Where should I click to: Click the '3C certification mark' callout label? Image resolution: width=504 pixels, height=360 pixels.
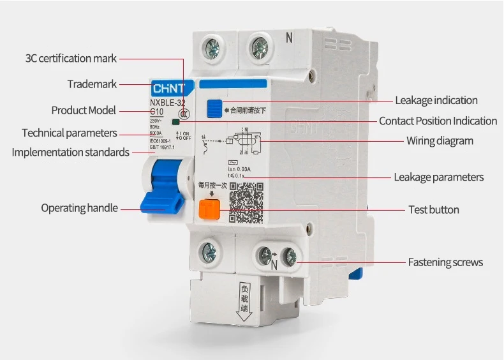point(71,58)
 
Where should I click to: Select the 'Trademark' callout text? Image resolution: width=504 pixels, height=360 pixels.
point(92,84)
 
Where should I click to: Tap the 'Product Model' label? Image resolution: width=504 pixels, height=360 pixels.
point(84,110)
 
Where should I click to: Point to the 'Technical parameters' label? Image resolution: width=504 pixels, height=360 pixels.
point(70,133)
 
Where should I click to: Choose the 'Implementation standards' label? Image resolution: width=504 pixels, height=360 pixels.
point(70,153)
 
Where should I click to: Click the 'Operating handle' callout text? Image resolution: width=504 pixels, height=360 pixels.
point(79,208)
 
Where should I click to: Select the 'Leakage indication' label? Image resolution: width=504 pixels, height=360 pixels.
point(436,100)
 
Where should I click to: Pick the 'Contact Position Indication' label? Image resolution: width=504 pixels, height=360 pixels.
point(438,121)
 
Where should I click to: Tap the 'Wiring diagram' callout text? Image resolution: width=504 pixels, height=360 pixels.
point(440,140)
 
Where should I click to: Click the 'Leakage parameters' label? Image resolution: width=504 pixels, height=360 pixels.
point(438,177)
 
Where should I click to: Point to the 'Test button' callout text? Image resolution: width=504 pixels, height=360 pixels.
point(433,209)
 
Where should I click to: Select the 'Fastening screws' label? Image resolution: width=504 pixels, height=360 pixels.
point(445,262)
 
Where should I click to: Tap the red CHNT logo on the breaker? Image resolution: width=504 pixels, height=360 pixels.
point(167,87)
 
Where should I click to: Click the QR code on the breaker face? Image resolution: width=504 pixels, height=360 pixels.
point(246,202)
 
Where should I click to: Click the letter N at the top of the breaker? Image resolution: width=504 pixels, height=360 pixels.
point(289,38)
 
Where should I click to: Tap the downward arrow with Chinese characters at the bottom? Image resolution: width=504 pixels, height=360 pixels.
point(244,300)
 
